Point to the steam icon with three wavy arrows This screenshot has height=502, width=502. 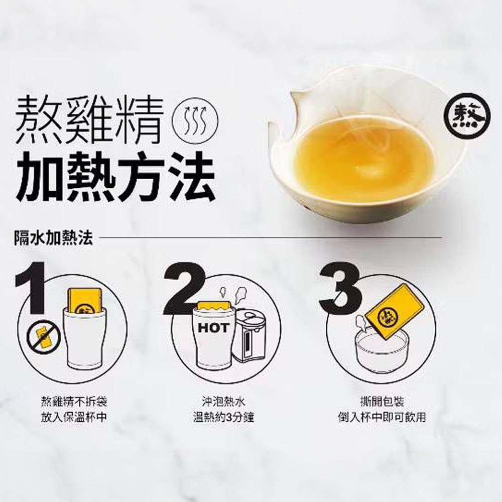coord(195,121)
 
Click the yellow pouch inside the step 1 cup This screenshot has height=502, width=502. coord(85,301)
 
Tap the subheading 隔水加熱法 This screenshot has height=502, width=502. coord(54,238)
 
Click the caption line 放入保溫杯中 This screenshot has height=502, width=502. coord(74,418)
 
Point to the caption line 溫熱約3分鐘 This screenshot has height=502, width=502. coord(224,418)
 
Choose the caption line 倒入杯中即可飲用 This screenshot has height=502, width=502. coord(382,418)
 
